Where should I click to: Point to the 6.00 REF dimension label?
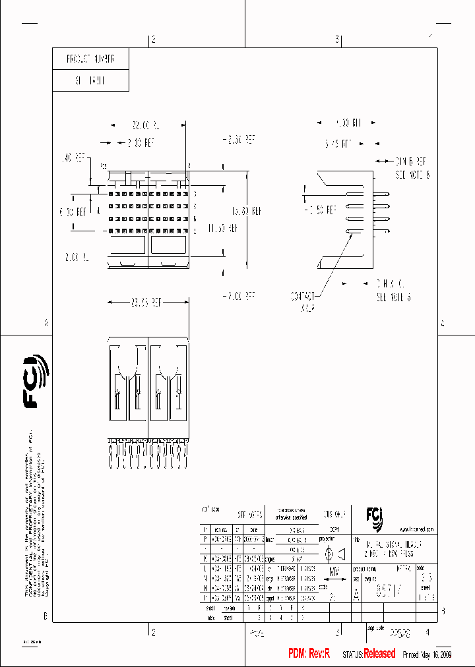[73, 212]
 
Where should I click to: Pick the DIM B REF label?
[411, 160]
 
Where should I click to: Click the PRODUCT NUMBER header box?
[90, 59]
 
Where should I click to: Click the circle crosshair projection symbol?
[329, 555]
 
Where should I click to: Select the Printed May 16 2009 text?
[428, 654]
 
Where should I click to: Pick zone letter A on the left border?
[46, 323]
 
